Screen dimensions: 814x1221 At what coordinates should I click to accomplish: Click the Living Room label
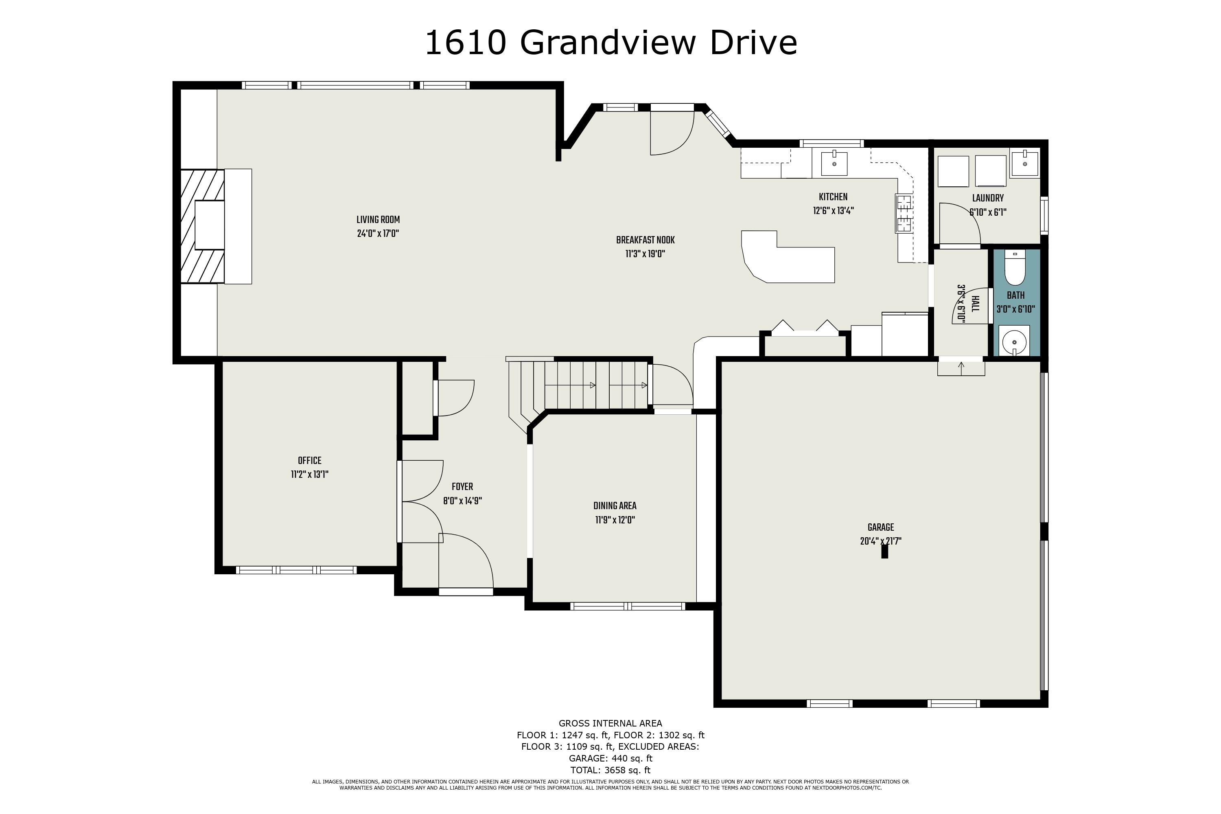tap(378, 220)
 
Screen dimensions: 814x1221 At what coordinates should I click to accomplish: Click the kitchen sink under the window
tap(834, 164)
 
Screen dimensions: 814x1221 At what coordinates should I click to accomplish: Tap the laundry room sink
tap(1024, 164)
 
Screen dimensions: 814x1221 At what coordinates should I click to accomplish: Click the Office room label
tap(309, 460)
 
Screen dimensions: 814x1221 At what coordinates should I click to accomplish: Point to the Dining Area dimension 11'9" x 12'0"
tap(615, 520)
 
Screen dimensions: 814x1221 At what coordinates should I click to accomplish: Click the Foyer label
tap(462, 487)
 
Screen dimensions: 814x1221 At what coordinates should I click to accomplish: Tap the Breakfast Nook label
tap(645, 241)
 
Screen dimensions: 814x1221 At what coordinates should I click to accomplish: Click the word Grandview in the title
tap(607, 43)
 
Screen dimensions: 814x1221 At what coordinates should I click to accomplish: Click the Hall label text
tap(975, 304)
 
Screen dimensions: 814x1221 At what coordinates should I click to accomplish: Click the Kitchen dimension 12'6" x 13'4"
tap(833, 211)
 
